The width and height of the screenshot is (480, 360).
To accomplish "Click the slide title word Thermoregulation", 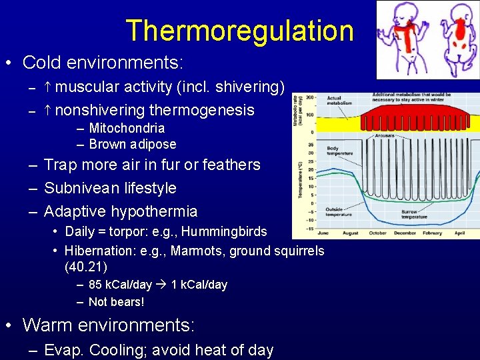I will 239,31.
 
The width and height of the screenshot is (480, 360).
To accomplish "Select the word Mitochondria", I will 127,128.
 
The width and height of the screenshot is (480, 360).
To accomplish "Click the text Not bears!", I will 117,301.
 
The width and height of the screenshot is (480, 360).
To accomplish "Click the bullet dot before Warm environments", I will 9,325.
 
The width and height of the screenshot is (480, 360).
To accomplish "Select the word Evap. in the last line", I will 63,350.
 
